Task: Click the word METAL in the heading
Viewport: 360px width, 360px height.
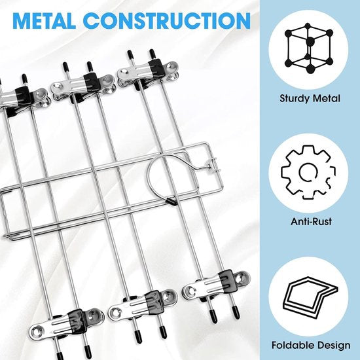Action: [44, 20]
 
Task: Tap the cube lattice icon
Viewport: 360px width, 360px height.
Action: [308, 48]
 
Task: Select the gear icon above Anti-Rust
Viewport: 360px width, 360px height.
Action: [308, 172]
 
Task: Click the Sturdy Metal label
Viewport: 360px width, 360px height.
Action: [310, 99]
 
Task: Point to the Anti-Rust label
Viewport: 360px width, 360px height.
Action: [311, 222]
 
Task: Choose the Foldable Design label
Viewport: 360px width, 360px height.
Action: [311, 346]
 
